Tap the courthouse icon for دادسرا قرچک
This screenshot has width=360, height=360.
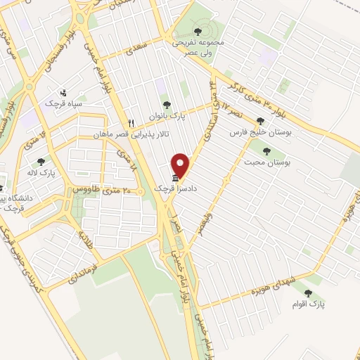click(174, 179)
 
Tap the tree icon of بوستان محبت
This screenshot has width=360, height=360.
click(266, 150)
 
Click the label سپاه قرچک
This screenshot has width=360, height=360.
click(63, 103)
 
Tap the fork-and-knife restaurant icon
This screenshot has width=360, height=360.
click(131, 123)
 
